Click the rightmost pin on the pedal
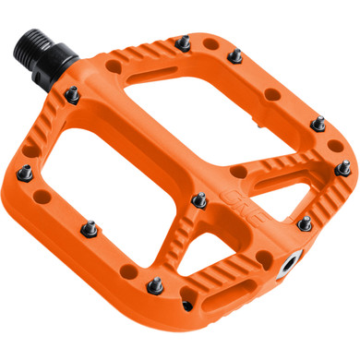(x=343, y=170)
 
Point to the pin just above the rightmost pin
(x=318, y=123)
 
